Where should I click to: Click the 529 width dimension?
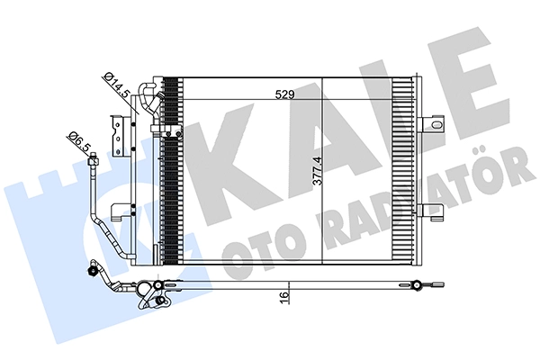285,94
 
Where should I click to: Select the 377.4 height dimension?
317,171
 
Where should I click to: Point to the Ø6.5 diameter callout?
79,141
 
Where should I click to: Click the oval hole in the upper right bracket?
436,124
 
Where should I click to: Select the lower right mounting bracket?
430,211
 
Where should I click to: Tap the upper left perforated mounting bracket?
116,135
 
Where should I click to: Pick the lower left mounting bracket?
119,211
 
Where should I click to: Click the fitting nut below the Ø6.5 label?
94,160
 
